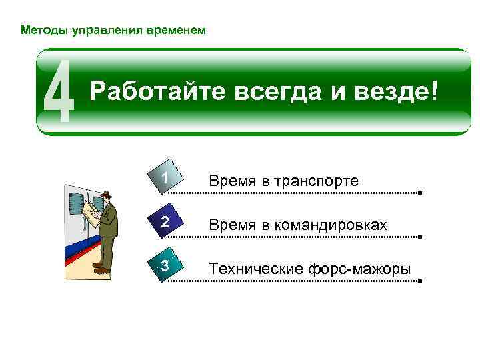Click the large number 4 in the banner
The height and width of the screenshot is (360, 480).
point(59,92)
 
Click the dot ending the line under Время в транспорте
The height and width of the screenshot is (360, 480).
point(421,193)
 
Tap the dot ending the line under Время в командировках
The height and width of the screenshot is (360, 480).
point(421,237)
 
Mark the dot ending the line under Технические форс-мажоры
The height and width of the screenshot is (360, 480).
point(421,281)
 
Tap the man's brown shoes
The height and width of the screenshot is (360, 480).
point(101,269)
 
